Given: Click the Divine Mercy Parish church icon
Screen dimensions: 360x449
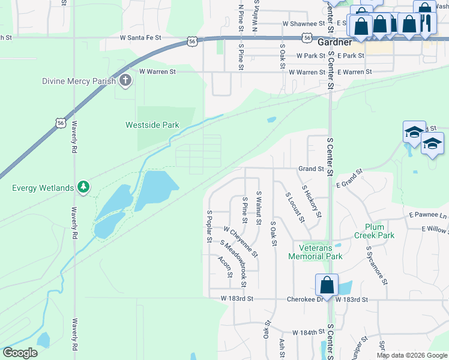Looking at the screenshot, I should pyautogui.click(x=125, y=81).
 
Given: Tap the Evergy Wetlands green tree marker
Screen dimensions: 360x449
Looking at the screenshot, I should pyautogui.click(x=84, y=188).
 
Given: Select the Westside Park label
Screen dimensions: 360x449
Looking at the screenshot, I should pyautogui.click(x=152, y=125).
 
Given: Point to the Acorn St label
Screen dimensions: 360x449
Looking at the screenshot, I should pyautogui.click(x=225, y=266).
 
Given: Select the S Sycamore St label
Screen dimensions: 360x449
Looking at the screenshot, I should pyautogui.click(x=376, y=264).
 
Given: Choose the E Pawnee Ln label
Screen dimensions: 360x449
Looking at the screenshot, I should pyautogui.click(x=428, y=215).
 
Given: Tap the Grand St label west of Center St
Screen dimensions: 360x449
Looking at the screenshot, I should pyautogui.click(x=312, y=169).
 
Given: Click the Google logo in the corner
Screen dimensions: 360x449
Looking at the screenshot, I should pyautogui.click(x=20, y=353).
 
